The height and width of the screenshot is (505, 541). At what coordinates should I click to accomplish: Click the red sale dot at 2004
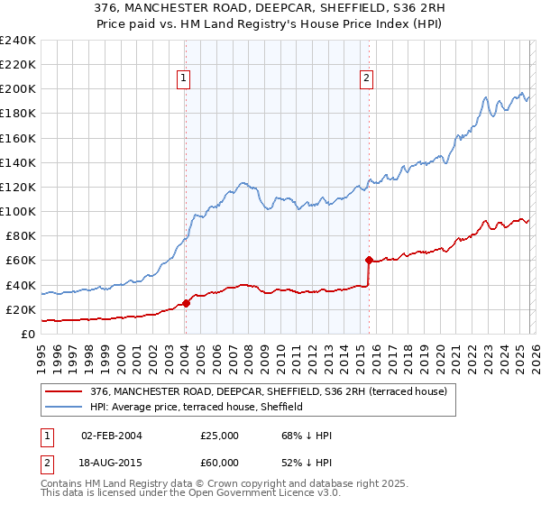186,303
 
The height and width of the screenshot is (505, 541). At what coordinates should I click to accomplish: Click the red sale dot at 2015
370,260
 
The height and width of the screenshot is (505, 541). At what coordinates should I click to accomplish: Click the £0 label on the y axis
28,334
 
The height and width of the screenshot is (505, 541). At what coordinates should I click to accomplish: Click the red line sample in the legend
65,391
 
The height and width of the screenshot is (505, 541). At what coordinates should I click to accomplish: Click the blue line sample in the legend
65,407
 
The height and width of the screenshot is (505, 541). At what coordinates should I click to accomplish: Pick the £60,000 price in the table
220,463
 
